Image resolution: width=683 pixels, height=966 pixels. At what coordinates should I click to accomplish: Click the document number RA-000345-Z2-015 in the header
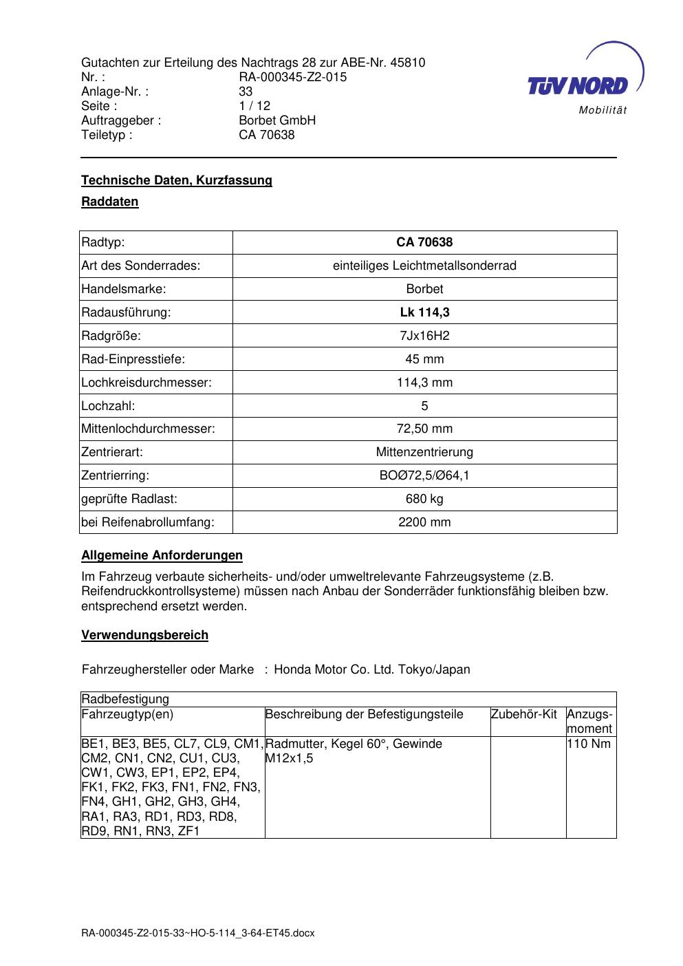pos(292,77)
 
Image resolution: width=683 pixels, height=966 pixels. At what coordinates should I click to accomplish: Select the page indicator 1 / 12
pos(254,106)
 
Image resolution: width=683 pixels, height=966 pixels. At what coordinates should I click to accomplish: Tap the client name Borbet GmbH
pos(277,120)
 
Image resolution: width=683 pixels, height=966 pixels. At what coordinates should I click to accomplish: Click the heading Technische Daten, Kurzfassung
pos(177,180)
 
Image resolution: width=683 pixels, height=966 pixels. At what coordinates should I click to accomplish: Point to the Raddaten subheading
pos(110,202)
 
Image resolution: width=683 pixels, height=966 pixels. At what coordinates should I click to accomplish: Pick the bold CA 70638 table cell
pos(424,242)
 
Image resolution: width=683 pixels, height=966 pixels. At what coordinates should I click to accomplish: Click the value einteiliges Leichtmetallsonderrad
pos(424,266)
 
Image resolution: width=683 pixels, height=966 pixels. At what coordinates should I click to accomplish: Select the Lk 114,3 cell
pos(424,312)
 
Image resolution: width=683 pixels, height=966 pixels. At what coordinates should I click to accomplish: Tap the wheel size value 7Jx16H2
pos(424,336)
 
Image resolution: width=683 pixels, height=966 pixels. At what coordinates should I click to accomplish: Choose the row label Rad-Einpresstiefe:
pos(133,359)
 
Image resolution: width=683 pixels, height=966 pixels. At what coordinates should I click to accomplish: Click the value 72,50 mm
pos(424,429)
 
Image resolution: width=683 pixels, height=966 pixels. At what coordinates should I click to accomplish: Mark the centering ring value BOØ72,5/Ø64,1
pos(424,475)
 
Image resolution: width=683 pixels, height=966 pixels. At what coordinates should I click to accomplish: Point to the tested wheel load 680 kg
pos(424,499)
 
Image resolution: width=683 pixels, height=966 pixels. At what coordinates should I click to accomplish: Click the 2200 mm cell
pos(424,522)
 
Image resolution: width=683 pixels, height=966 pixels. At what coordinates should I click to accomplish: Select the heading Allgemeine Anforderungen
pos(162,555)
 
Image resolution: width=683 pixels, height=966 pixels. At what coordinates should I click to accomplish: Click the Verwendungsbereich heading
pos(144,635)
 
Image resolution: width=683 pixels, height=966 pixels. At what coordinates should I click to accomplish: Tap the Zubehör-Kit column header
pos(524,714)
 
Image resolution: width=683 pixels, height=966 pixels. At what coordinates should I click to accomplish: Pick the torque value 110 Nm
pos(589,744)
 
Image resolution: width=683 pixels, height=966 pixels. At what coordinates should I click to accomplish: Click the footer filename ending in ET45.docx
pos(198,933)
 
